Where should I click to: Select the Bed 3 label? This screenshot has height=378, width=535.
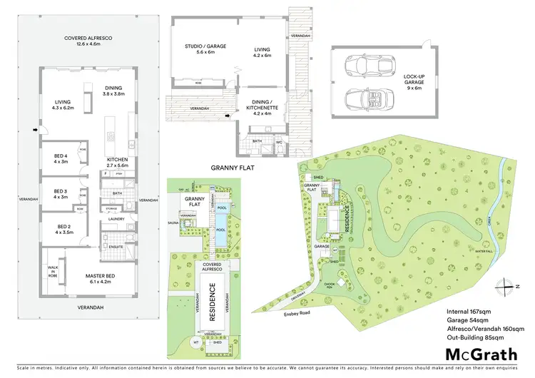click(x=60, y=194)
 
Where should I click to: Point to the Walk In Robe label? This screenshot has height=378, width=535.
click(x=52, y=271)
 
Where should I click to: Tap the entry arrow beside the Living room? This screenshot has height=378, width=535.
click(x=34, y=130)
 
